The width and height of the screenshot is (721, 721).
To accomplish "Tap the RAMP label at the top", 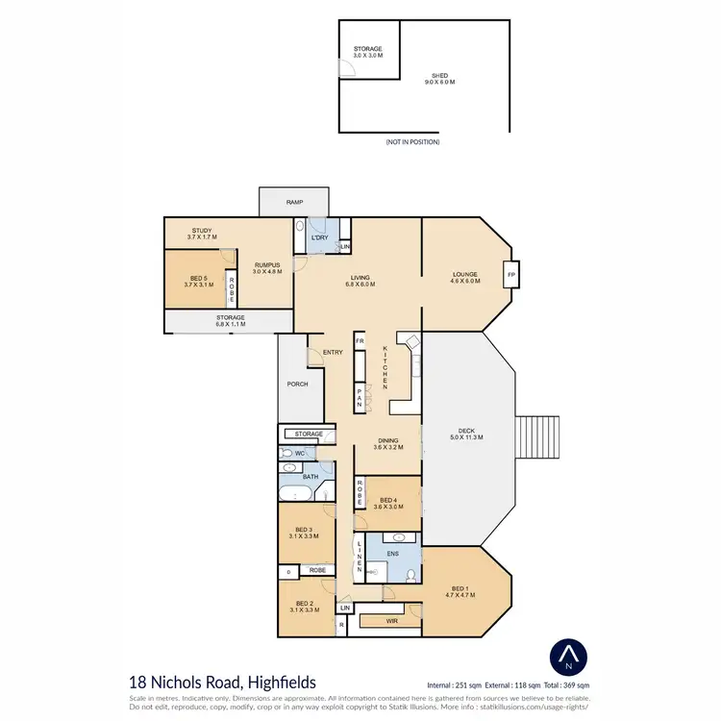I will (294, 202).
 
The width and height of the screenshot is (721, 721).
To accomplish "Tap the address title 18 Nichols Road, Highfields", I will (222, 681).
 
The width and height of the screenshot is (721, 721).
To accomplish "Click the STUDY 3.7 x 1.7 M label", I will (202, 234).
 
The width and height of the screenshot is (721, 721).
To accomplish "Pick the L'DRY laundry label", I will (320, 237).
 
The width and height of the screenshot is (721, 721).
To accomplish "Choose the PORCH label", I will (298, 384).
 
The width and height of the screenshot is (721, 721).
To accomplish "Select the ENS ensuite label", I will (393, 553).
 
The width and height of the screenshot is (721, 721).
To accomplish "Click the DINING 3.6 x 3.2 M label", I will (389, 444).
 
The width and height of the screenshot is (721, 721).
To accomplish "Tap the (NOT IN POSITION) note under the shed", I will (412, 141).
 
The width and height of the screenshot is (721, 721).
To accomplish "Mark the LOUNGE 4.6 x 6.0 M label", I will (465, 277).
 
